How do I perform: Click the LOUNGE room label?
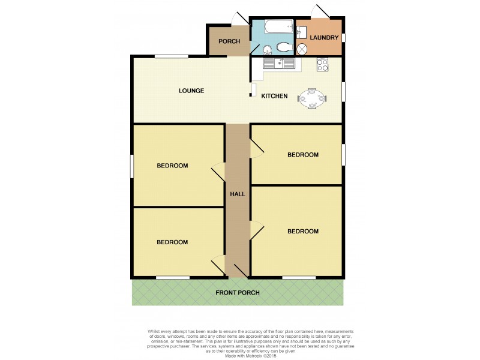[x=192, y=91]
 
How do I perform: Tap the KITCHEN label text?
[x=274, y=96]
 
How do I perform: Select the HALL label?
[x=237, y=194]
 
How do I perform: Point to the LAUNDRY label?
[x=325, y=38]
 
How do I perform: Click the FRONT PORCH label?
[x=238, y=293]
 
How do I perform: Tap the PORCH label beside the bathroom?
[x=229, y=41]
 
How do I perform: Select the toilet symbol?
[x=284, y=47]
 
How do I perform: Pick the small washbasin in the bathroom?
[x=266, y=49]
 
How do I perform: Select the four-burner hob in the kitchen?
[x=322, y=64]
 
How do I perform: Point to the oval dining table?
[x=313, y=98]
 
